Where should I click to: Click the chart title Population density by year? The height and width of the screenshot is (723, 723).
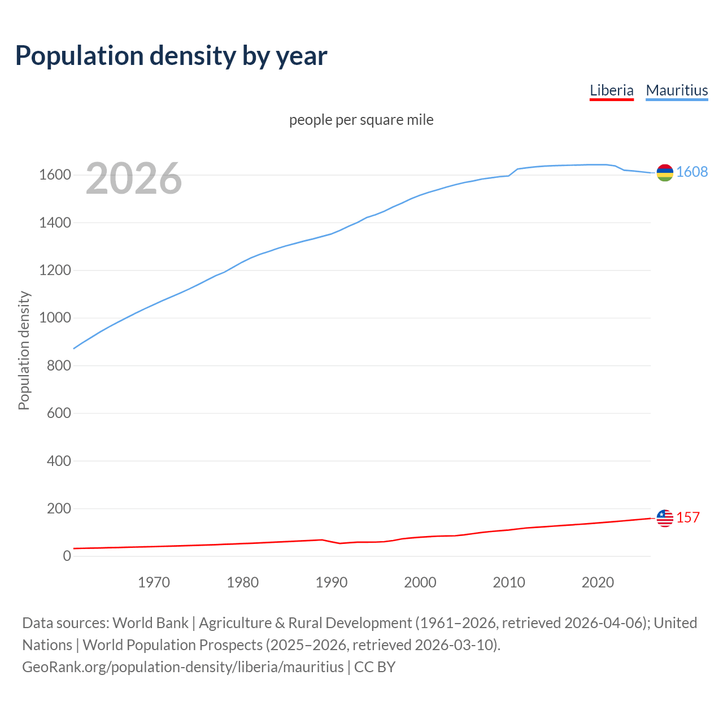171,55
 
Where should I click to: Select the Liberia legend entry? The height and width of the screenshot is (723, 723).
611,90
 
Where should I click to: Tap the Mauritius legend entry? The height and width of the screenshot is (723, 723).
677,90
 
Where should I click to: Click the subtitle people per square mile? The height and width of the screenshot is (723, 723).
361,120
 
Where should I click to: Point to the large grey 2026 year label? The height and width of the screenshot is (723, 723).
134,178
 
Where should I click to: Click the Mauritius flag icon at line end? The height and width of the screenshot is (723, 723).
665,172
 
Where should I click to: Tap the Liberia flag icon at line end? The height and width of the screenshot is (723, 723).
665,518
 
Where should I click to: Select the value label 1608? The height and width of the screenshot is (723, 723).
692,172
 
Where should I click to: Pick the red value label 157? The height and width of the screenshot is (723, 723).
688,517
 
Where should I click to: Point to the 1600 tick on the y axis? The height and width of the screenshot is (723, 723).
55,175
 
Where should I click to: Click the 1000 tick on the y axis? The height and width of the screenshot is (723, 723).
55,318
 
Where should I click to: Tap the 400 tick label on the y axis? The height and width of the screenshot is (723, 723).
59,461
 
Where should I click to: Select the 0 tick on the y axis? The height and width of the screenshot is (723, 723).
67,556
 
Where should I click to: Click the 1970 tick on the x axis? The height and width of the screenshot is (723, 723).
154,582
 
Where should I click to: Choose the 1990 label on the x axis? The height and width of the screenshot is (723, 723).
332,582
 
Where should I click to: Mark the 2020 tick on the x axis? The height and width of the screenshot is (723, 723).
598,582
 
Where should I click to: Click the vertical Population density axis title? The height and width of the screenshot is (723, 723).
24,350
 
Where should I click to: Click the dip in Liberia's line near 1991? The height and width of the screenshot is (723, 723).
340,543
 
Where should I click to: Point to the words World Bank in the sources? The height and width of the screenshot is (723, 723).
150,623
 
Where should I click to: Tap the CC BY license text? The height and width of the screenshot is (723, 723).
374,667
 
